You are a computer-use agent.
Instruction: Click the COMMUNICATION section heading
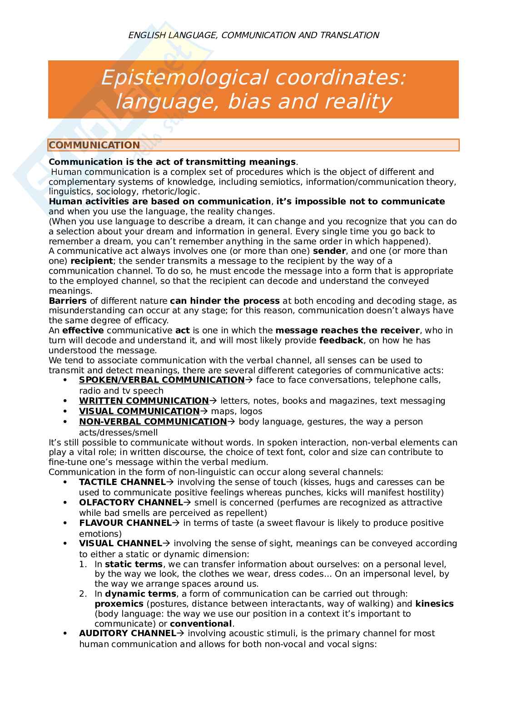(94, 145)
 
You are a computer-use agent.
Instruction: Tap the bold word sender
(329, 251)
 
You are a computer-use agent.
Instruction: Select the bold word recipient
(92, 261)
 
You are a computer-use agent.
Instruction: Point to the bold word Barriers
(67, 301)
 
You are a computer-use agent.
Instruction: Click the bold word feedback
(341, 341)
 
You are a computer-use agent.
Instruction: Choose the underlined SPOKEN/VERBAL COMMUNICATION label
(162, 380)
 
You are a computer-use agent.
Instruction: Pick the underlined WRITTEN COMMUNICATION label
(144, 401)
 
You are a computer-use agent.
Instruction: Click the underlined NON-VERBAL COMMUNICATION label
(153, 422)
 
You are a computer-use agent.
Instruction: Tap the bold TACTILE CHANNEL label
(121, 482)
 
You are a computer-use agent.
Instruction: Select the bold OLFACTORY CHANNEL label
(131, 503)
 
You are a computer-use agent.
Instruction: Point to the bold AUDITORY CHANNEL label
(127, 633)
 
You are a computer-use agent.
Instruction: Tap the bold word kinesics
(434, 604)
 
